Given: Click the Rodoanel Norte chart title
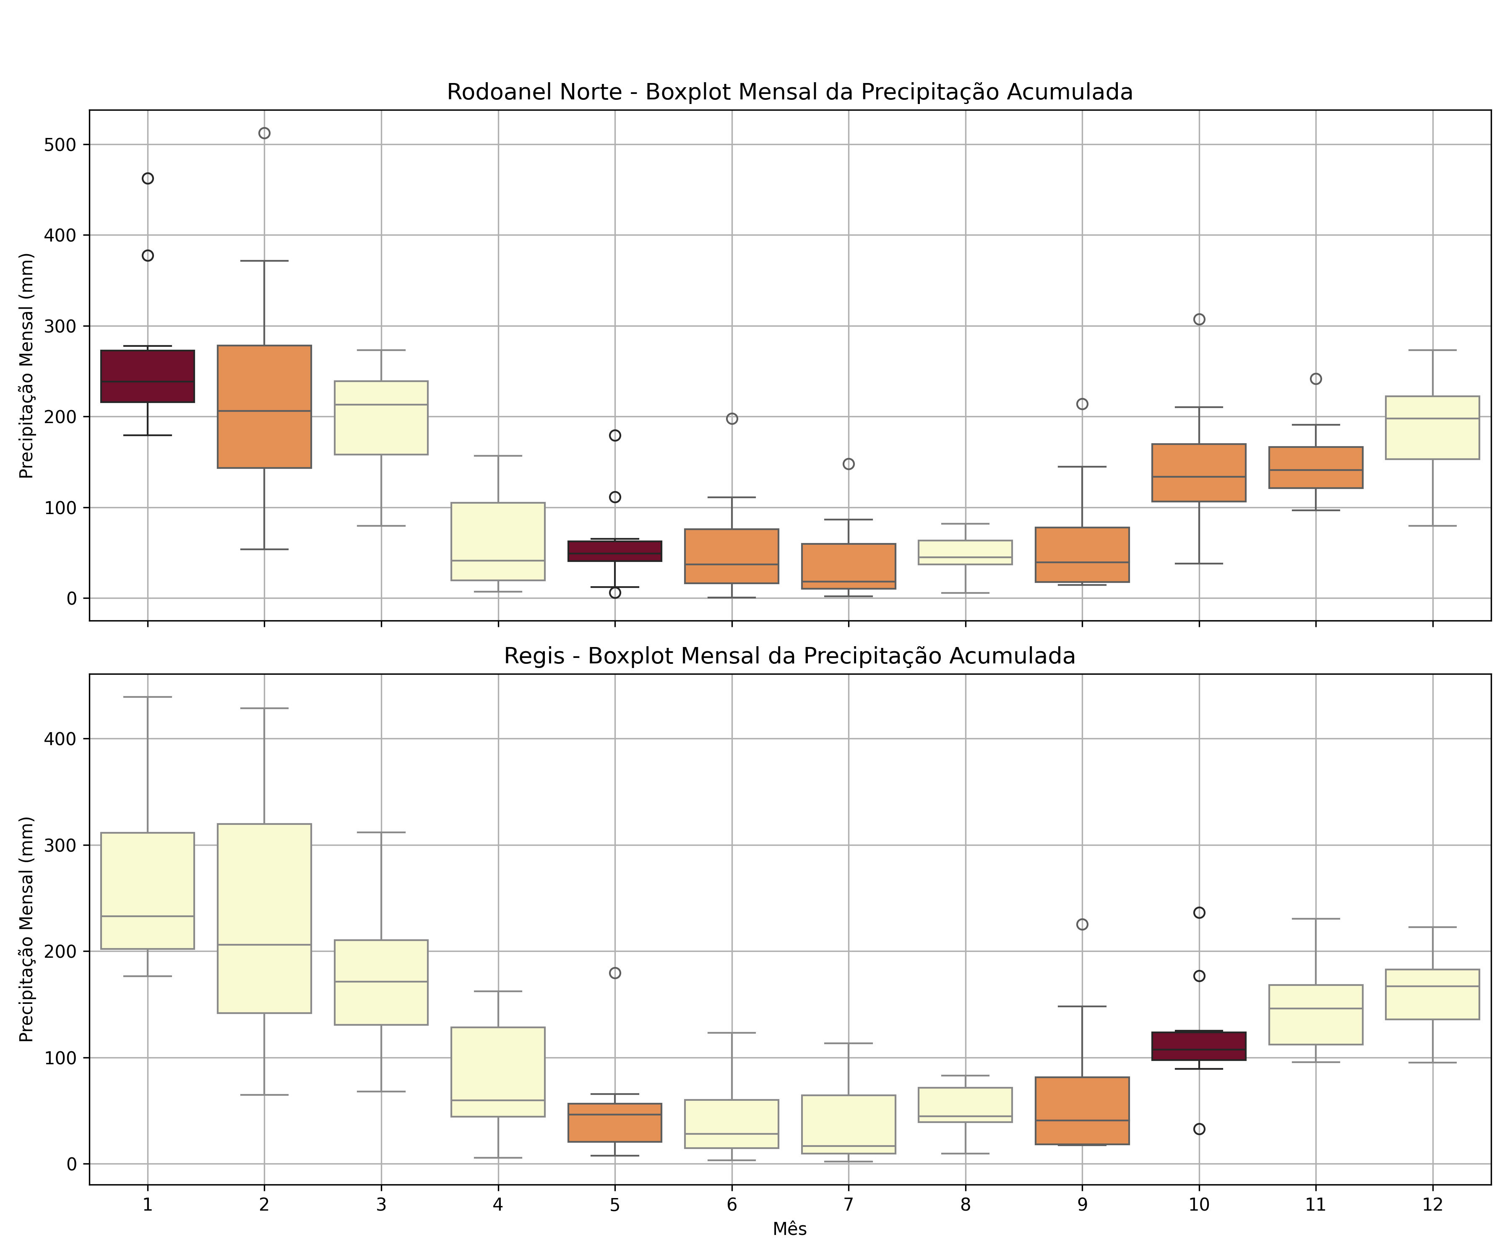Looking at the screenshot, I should pos(789,92).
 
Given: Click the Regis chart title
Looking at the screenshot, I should pos(789,656).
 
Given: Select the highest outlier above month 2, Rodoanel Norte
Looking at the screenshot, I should pos(264,133).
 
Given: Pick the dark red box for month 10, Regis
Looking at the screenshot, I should pos(1199,1046).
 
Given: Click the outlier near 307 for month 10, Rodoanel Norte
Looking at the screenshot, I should pos(1199,319).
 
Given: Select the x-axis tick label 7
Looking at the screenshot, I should pos(849,1205).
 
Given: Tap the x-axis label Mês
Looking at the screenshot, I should pos(789,1229).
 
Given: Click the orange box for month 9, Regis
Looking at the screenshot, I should pos(1082,1111).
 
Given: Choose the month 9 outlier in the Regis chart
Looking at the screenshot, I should pos(1082,925).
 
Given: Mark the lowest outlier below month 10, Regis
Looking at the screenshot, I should pos(1199,1129).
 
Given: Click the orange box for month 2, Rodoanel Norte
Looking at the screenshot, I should pos(264,406).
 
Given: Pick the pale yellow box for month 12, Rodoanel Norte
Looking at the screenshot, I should pos(1432,428).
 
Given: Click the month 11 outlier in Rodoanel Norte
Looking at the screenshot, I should pos(1316,379).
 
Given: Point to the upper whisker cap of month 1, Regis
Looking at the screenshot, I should pos(147,697).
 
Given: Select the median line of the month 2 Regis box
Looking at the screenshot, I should pos(264,945).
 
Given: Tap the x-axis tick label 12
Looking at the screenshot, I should pos(1432,1205).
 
